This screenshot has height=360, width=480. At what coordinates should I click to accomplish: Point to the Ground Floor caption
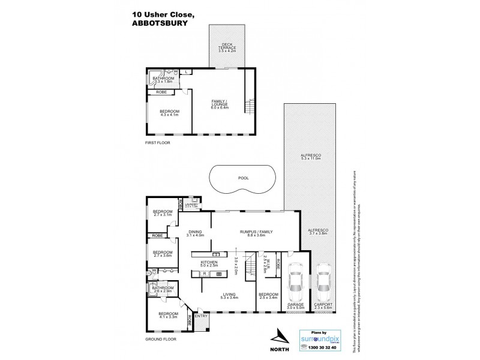click(161, 339)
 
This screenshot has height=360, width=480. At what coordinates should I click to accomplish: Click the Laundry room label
click(193, 206)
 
